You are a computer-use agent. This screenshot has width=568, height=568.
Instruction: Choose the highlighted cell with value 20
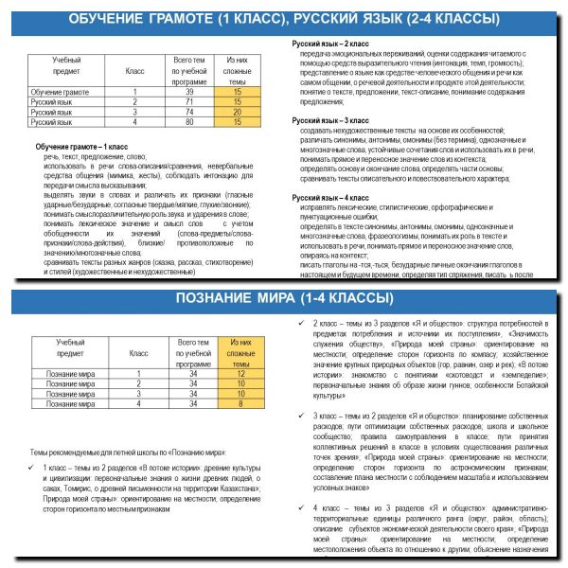[237, 112]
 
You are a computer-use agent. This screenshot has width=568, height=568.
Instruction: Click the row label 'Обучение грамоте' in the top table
[60, 93]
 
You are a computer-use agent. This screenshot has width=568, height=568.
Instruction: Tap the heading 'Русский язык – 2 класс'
[331, 44]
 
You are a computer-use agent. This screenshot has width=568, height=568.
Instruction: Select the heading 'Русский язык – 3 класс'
[331, 121]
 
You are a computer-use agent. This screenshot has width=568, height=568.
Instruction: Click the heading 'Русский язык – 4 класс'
[331, 198]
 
